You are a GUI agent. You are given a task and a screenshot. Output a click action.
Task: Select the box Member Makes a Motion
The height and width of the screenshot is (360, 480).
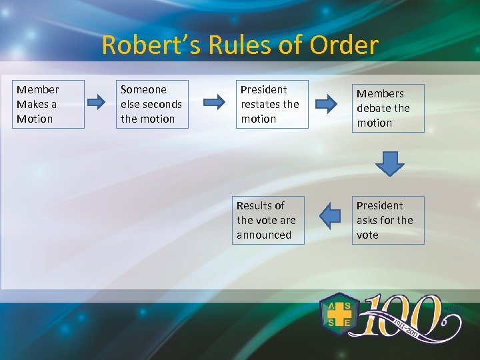point(48,104)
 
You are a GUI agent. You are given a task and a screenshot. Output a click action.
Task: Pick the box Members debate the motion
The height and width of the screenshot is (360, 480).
point(388,108)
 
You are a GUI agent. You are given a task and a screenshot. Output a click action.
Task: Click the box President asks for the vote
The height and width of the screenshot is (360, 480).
point(388,220)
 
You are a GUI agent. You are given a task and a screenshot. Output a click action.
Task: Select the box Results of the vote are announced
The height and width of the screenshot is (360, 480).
point(268,220)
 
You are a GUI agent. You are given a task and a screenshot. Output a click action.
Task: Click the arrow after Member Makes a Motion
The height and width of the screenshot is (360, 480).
point(97,102)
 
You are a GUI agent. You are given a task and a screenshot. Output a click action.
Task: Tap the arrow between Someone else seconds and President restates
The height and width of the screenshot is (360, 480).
point(214,102)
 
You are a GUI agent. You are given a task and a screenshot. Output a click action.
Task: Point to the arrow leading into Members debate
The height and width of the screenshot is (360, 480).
point(327,103)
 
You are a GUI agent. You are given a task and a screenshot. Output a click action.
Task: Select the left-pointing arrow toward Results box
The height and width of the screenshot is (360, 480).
point(330,216)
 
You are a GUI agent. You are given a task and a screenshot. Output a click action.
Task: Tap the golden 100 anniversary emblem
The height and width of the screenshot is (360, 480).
point(407,317)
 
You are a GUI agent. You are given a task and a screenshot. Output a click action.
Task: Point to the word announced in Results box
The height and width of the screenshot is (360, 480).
point(264,235)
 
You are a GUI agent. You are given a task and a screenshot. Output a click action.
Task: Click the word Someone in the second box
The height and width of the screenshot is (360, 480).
point(143,89)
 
